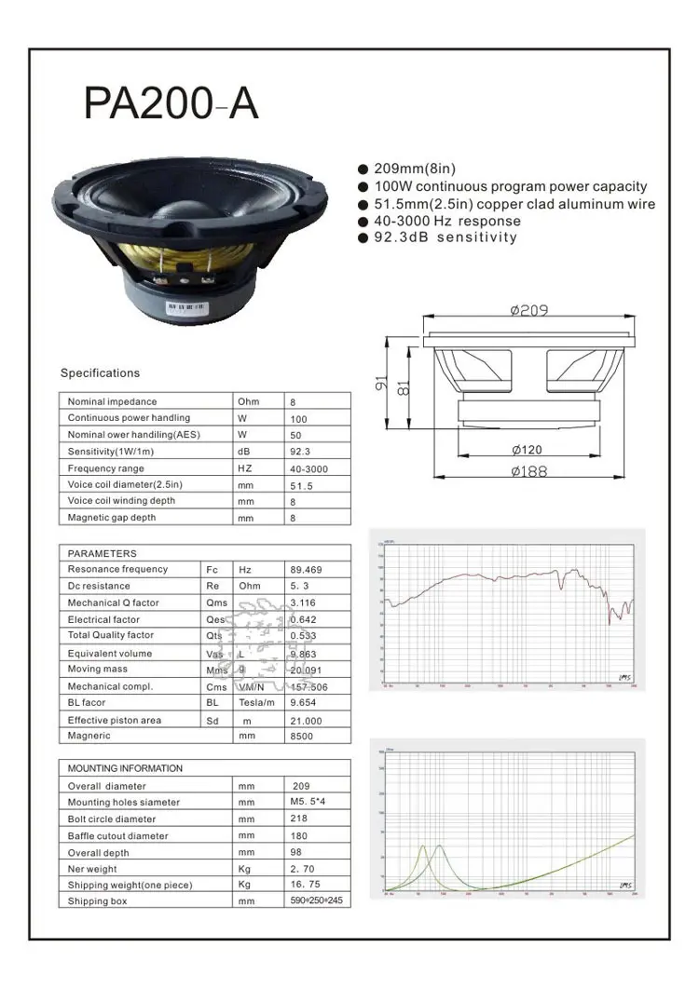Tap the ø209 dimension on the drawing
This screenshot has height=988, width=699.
[528, 311]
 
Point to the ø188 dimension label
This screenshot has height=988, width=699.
[528, 471]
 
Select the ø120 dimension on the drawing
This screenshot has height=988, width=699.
[527, 450]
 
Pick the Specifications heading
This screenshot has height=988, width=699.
[100, 373]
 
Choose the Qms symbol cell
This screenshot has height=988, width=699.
[216, 602]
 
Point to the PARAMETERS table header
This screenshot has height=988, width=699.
[102, 553]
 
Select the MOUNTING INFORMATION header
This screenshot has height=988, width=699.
[125, 768]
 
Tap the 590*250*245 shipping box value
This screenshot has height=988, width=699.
[316, 900]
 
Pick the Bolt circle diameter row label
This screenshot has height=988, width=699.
[112, 819]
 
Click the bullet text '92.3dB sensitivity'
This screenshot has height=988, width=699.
[445, 237]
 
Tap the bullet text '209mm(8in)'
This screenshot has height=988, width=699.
[414, 169]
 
